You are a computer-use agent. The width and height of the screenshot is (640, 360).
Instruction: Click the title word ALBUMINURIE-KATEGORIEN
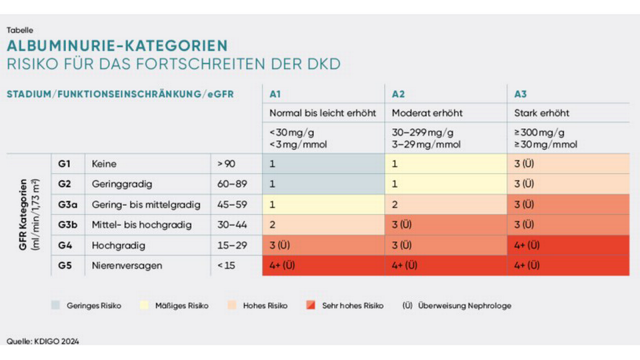(117, 46)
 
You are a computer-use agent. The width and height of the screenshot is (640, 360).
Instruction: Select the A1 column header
(275, 94)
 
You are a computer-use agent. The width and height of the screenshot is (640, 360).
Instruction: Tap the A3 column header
(521, 94)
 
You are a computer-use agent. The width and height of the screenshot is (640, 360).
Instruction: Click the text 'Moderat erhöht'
(427, 113)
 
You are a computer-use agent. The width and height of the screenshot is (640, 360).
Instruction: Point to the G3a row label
(67, 204)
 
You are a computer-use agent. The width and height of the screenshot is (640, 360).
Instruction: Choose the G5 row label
(65, 265)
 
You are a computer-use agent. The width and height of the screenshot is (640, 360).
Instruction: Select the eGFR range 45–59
(232, 204)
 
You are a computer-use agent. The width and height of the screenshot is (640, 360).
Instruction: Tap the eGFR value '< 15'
(227, 265)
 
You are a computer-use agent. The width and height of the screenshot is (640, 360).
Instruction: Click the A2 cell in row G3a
(445, 204)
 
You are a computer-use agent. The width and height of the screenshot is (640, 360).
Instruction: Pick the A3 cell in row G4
(568, 245)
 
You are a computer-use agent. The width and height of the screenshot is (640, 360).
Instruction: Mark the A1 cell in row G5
(323, 265)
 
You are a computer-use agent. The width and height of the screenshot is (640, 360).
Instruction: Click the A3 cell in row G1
(568, 163)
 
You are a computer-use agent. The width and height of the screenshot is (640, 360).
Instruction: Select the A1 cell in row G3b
(323, 225)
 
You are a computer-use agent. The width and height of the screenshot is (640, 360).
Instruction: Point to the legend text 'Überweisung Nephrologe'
(464, 305)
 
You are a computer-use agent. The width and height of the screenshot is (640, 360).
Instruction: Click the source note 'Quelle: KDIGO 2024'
(43, 341)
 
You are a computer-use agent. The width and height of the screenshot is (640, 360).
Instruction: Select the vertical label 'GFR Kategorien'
(24, 214)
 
